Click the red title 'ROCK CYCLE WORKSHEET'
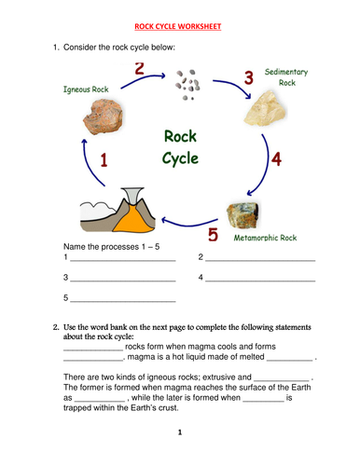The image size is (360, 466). pyautogui.click(x=180, y=27)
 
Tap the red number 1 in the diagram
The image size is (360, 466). pyautogui.click(x=104, y=161)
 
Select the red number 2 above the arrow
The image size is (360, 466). pyautogui.click(x=140, y=70)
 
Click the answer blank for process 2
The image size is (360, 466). pyautogui.click(x=260, y=258)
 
